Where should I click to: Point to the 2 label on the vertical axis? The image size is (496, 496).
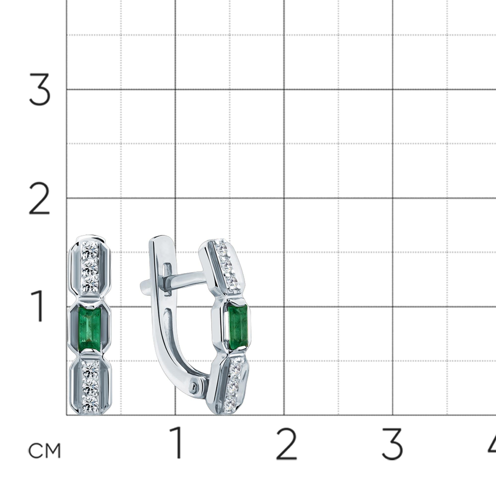click(x=39, y=198)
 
